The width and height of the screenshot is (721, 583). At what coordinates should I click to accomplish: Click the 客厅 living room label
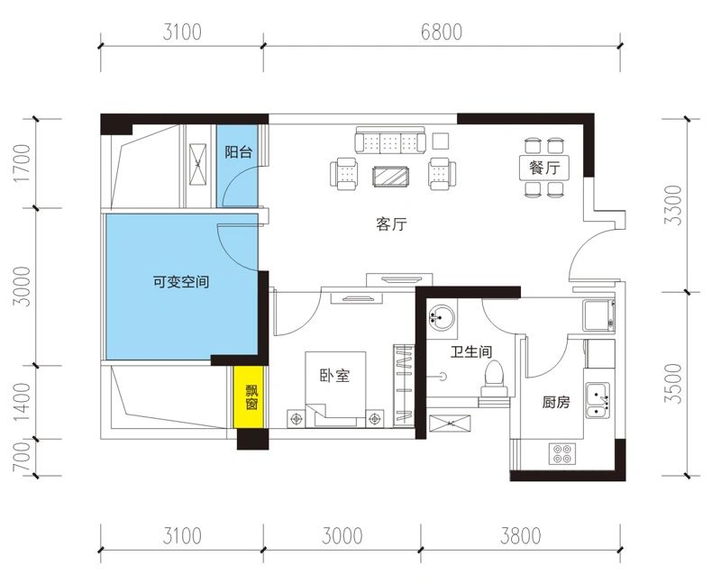pyautogui.click(x=391, y=225)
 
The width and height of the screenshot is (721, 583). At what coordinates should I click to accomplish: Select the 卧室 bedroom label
pyautogui.click(x=334, y=376)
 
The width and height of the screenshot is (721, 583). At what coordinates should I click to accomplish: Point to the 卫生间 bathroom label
pyautogui.click(x=470, y=352)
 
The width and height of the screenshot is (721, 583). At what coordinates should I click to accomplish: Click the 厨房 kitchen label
pyautogui.click(x=555, y=403)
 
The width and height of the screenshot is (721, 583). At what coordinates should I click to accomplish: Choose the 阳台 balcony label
pyautogui.click(x=238, y=152)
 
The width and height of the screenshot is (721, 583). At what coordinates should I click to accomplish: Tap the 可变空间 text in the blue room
pyautogui.click(x=181, y=282)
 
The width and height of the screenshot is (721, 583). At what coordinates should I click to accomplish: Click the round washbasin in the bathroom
pyautogui.click(x=441, y=317)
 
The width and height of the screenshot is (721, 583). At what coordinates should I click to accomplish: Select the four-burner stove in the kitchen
pyautogui.click(x=563, y=454)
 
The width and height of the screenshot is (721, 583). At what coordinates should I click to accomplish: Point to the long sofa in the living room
pyautogui.click(x=390, y=141)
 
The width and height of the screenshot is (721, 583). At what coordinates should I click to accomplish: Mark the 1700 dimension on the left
pyautogui.click(x=23, y=163)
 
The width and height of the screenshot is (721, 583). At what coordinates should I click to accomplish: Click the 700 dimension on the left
pyautogui.click(x=23, y=457)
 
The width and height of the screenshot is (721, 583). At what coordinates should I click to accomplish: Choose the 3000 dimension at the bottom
pyautogui.click(x=340, y=537)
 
